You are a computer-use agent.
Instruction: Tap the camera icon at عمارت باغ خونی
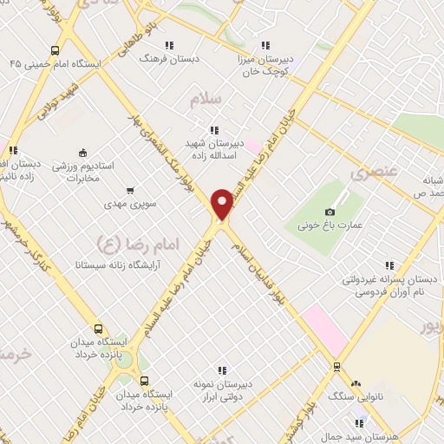[330, 212]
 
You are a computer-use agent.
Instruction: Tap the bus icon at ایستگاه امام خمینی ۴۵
[55, 49]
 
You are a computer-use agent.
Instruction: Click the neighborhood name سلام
[207, 99]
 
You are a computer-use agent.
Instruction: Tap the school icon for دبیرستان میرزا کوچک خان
[264, 45]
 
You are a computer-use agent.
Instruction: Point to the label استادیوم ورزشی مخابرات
[84, 172]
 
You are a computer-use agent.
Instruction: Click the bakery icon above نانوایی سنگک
[356, 383]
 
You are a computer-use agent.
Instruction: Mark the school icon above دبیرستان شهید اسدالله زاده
[215, 130]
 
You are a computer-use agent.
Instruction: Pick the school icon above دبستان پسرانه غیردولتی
[389, 265]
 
